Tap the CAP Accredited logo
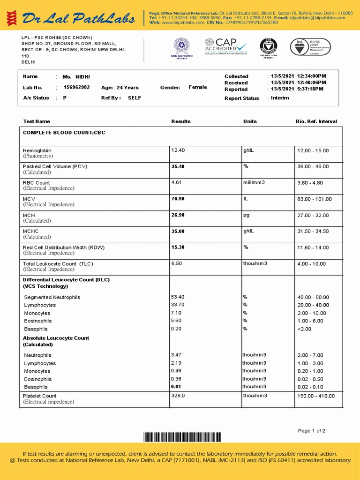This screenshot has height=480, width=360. (x=225, y=46)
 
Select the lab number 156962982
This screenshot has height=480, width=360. (x=76, y=87)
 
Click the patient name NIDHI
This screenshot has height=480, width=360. (x=82, y=76)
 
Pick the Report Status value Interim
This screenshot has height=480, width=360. (x=280, y=98)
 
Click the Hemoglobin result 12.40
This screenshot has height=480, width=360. (x=178, y=150)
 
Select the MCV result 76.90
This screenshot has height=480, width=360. (x=178, y=199)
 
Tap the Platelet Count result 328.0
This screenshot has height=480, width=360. (x=178, y=396)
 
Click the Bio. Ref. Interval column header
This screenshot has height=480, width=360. (x=316, y=121)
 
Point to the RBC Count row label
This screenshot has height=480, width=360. (x=36, y=183)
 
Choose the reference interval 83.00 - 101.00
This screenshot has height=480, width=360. (x=314, y=199)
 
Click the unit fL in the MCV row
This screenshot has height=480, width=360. (x=246, y=199)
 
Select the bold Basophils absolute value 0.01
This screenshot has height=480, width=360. (x=176, y=387)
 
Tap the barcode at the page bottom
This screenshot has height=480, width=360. (x=182, y=437)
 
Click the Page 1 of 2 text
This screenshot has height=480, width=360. (x=311, y=431)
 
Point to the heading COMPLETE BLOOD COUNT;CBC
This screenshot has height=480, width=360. (x=64, y=133)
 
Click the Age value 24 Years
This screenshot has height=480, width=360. (x=127, y=88)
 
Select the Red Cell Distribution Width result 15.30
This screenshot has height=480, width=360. (x=178, y=247)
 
